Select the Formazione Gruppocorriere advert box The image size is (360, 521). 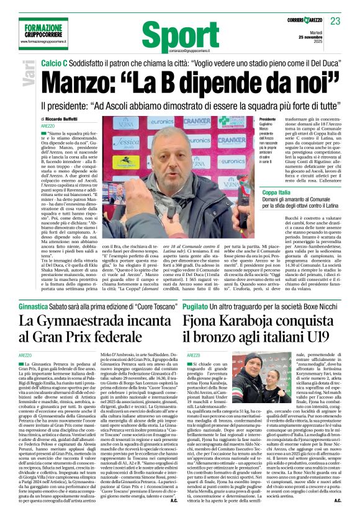pyautogui.click(x=38, y=30)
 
